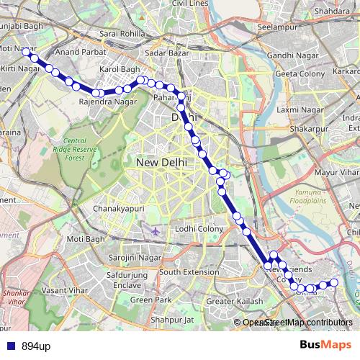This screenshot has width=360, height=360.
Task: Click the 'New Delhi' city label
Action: click(161, 163)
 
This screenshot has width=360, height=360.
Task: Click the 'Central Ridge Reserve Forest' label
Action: click(80, 148)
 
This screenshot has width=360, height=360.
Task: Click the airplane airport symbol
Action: click(158, 231)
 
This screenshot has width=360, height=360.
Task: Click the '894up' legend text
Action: click(35, 346)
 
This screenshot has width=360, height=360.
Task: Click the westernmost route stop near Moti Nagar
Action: click(25, 51)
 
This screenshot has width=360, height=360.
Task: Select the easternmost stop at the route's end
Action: click(333, 282)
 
